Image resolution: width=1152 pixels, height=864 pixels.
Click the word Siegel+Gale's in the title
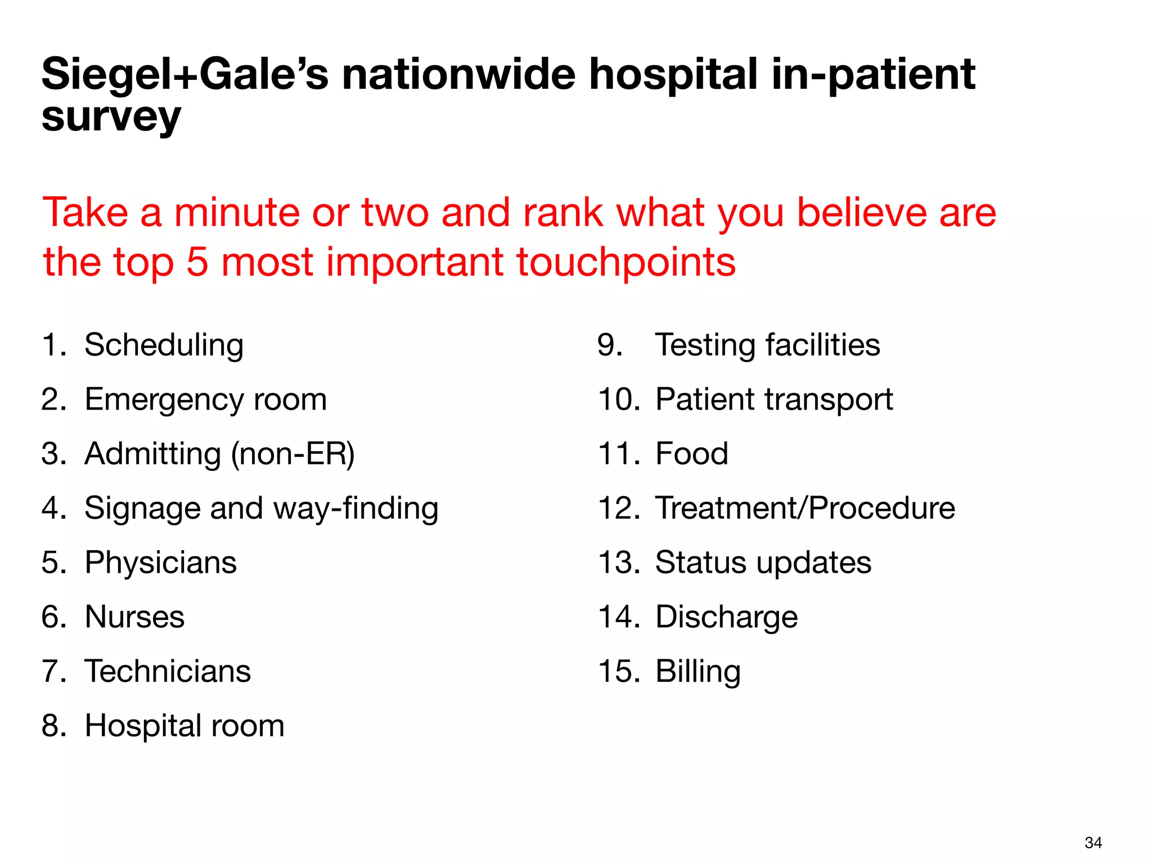point(184,75)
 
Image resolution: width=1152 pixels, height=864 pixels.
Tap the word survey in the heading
point(111,118)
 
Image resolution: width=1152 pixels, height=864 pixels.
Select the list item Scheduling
point(164,345)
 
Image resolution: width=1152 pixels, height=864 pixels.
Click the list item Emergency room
point(205,399)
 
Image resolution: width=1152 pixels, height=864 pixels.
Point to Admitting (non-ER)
point(219,454)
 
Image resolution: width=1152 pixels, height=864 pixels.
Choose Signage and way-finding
point(261,508)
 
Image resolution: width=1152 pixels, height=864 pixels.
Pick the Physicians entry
point(161,562)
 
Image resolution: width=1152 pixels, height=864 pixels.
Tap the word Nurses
point(134,617)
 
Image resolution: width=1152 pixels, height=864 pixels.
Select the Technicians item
point(168,672)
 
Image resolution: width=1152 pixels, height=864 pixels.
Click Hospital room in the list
point(184,726)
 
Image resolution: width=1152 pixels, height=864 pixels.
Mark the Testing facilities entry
point(767,345)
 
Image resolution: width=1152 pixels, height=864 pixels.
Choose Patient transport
point(774,399)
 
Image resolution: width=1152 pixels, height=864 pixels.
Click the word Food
point(692,454)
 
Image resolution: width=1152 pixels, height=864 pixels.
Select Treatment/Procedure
point(805,508)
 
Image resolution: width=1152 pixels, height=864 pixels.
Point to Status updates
point(763,562)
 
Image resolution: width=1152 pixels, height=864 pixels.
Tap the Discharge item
point(726,617)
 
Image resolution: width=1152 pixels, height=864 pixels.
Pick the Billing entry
point(698,672)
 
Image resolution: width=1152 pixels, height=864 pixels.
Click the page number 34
point(1093,843)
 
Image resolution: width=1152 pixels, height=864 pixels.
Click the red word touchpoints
point(625,262)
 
